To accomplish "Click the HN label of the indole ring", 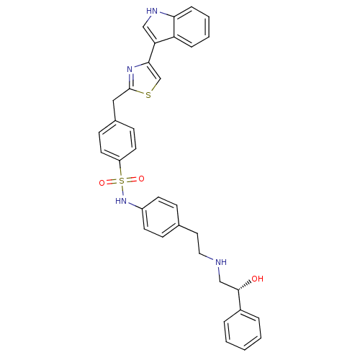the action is pyautogui.click(x=152, y=11).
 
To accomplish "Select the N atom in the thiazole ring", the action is pyautogui.click(x=130, y=69).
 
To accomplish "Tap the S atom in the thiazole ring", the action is pyautogui.click(x=148, y=95).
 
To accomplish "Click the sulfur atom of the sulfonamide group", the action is pyautogui.click(x=122, y=181).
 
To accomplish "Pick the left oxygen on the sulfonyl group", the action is pyautogui.click(x=102, y=183).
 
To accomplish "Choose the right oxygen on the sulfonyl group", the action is pyautogui.click(x=142, y=179).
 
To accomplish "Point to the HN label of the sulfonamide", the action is pyautogui.click(x=121, y=201).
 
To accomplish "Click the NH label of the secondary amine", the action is pyautogui.click(x=221, y=262).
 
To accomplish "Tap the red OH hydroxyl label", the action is pyautogui.click(x=257, y=279).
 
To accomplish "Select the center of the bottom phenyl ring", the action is pyautogui.click(x=243, y=330).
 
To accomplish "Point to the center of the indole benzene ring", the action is pyautogui.click(x=192, y=27).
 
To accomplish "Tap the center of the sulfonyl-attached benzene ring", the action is pyautogui.click(x=117, y=140).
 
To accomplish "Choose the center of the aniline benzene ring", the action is pyautogui.click(x=161, y=217).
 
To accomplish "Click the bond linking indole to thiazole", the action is pyautogui.click(x=152, y=53).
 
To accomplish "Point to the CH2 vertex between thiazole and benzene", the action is pyautogui.click(x=113, y=101).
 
